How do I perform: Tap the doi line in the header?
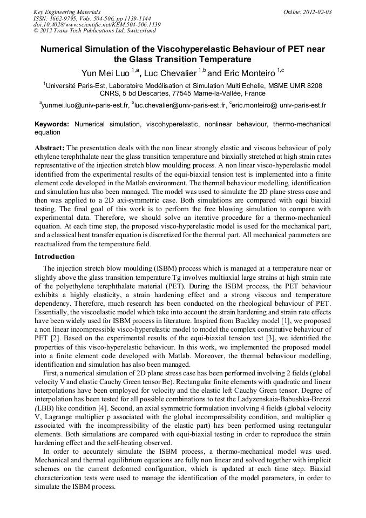pos(97,25)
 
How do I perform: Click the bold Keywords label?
pos(52,124)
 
